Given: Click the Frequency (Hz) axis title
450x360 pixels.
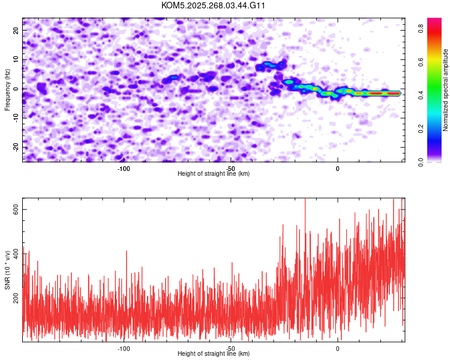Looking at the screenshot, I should (7, 89).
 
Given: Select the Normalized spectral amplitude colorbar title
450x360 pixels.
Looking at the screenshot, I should (446, 90).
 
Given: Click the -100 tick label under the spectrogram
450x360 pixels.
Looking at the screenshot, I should (124, 169).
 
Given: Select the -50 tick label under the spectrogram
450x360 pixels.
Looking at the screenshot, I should (230, 169).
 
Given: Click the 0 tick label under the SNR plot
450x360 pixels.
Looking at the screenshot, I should (337, 349).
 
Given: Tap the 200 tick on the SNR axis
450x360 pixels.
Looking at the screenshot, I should (17, 298).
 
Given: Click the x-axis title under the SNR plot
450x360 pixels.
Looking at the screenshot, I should (214, 354).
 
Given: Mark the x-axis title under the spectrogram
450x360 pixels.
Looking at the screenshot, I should (214, 174).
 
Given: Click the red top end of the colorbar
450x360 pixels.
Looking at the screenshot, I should (434, 22).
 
